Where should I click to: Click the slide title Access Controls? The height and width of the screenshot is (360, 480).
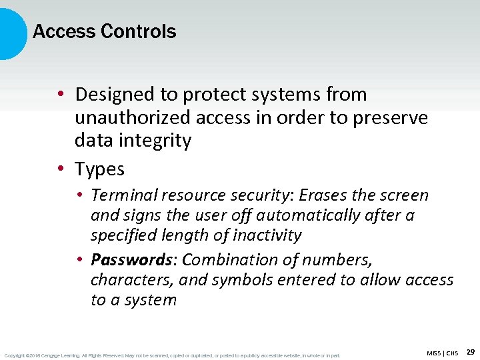point(105,31)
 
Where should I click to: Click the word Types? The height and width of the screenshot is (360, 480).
point(100,169)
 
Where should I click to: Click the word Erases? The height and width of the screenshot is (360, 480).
point(323,195)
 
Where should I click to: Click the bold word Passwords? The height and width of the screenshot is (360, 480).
point(132,259)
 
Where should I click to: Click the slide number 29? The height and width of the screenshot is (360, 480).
point(471,351)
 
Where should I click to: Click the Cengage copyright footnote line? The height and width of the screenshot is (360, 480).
point(172,355)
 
